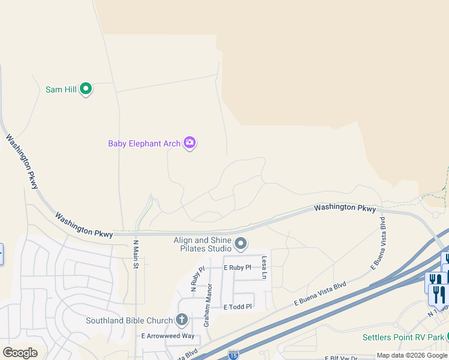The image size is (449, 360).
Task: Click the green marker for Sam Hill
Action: tap(86, 89)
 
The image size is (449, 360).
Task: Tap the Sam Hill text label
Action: tap(61, 89)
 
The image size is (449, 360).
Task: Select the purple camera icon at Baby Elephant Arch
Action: tap(190, 143)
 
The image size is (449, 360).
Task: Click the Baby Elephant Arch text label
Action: tap(144, 143)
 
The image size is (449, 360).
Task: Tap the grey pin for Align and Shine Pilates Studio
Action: tap(241, 243)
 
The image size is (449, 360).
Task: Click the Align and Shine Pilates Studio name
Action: tap(203, 244)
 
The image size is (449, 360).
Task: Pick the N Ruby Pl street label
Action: tap(197, 278)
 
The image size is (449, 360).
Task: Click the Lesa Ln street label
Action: tap(264, 268)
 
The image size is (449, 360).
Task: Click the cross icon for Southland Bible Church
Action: tap(182, 320)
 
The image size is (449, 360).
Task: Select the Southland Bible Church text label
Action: tap(129, 320)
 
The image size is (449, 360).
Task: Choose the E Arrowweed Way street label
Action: tap(167, 336)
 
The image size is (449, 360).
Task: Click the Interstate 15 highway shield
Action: tap(233, 355)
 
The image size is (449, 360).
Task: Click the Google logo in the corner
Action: tap(20, 352)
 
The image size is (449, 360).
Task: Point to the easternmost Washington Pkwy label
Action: tap(345, 208)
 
